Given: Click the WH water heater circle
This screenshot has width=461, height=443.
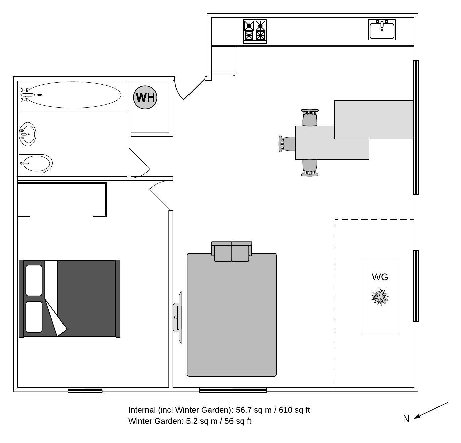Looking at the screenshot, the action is coord(145,97).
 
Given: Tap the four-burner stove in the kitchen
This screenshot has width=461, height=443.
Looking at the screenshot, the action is coord(255,31).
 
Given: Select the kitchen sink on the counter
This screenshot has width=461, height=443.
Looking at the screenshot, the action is coord(382,30).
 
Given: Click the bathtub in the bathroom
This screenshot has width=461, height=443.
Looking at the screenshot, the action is coord(73,95).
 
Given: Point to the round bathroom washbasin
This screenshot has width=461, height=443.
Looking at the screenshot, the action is coord(28,134).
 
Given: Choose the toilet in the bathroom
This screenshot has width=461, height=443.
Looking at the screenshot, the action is coord(35,164).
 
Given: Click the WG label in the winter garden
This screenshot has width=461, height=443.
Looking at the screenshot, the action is coord(380,277).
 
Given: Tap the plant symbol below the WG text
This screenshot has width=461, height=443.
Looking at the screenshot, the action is coord(380,297).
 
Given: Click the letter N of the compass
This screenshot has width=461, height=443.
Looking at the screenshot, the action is coord(406,419).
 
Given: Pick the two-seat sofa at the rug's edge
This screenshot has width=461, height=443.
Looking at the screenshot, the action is coord(232,252).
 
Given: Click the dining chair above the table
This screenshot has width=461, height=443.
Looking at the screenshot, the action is coord(310,117).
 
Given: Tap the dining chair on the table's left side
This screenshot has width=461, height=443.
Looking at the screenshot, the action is coord(287,144).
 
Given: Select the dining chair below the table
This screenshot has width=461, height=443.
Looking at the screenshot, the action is coord(310,168).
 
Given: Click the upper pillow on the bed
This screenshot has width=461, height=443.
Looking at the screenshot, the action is coord(34,281).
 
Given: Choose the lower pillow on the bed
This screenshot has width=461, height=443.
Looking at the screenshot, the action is coord(34,317).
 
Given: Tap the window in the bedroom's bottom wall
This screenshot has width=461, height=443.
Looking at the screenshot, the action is coord(85,390).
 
